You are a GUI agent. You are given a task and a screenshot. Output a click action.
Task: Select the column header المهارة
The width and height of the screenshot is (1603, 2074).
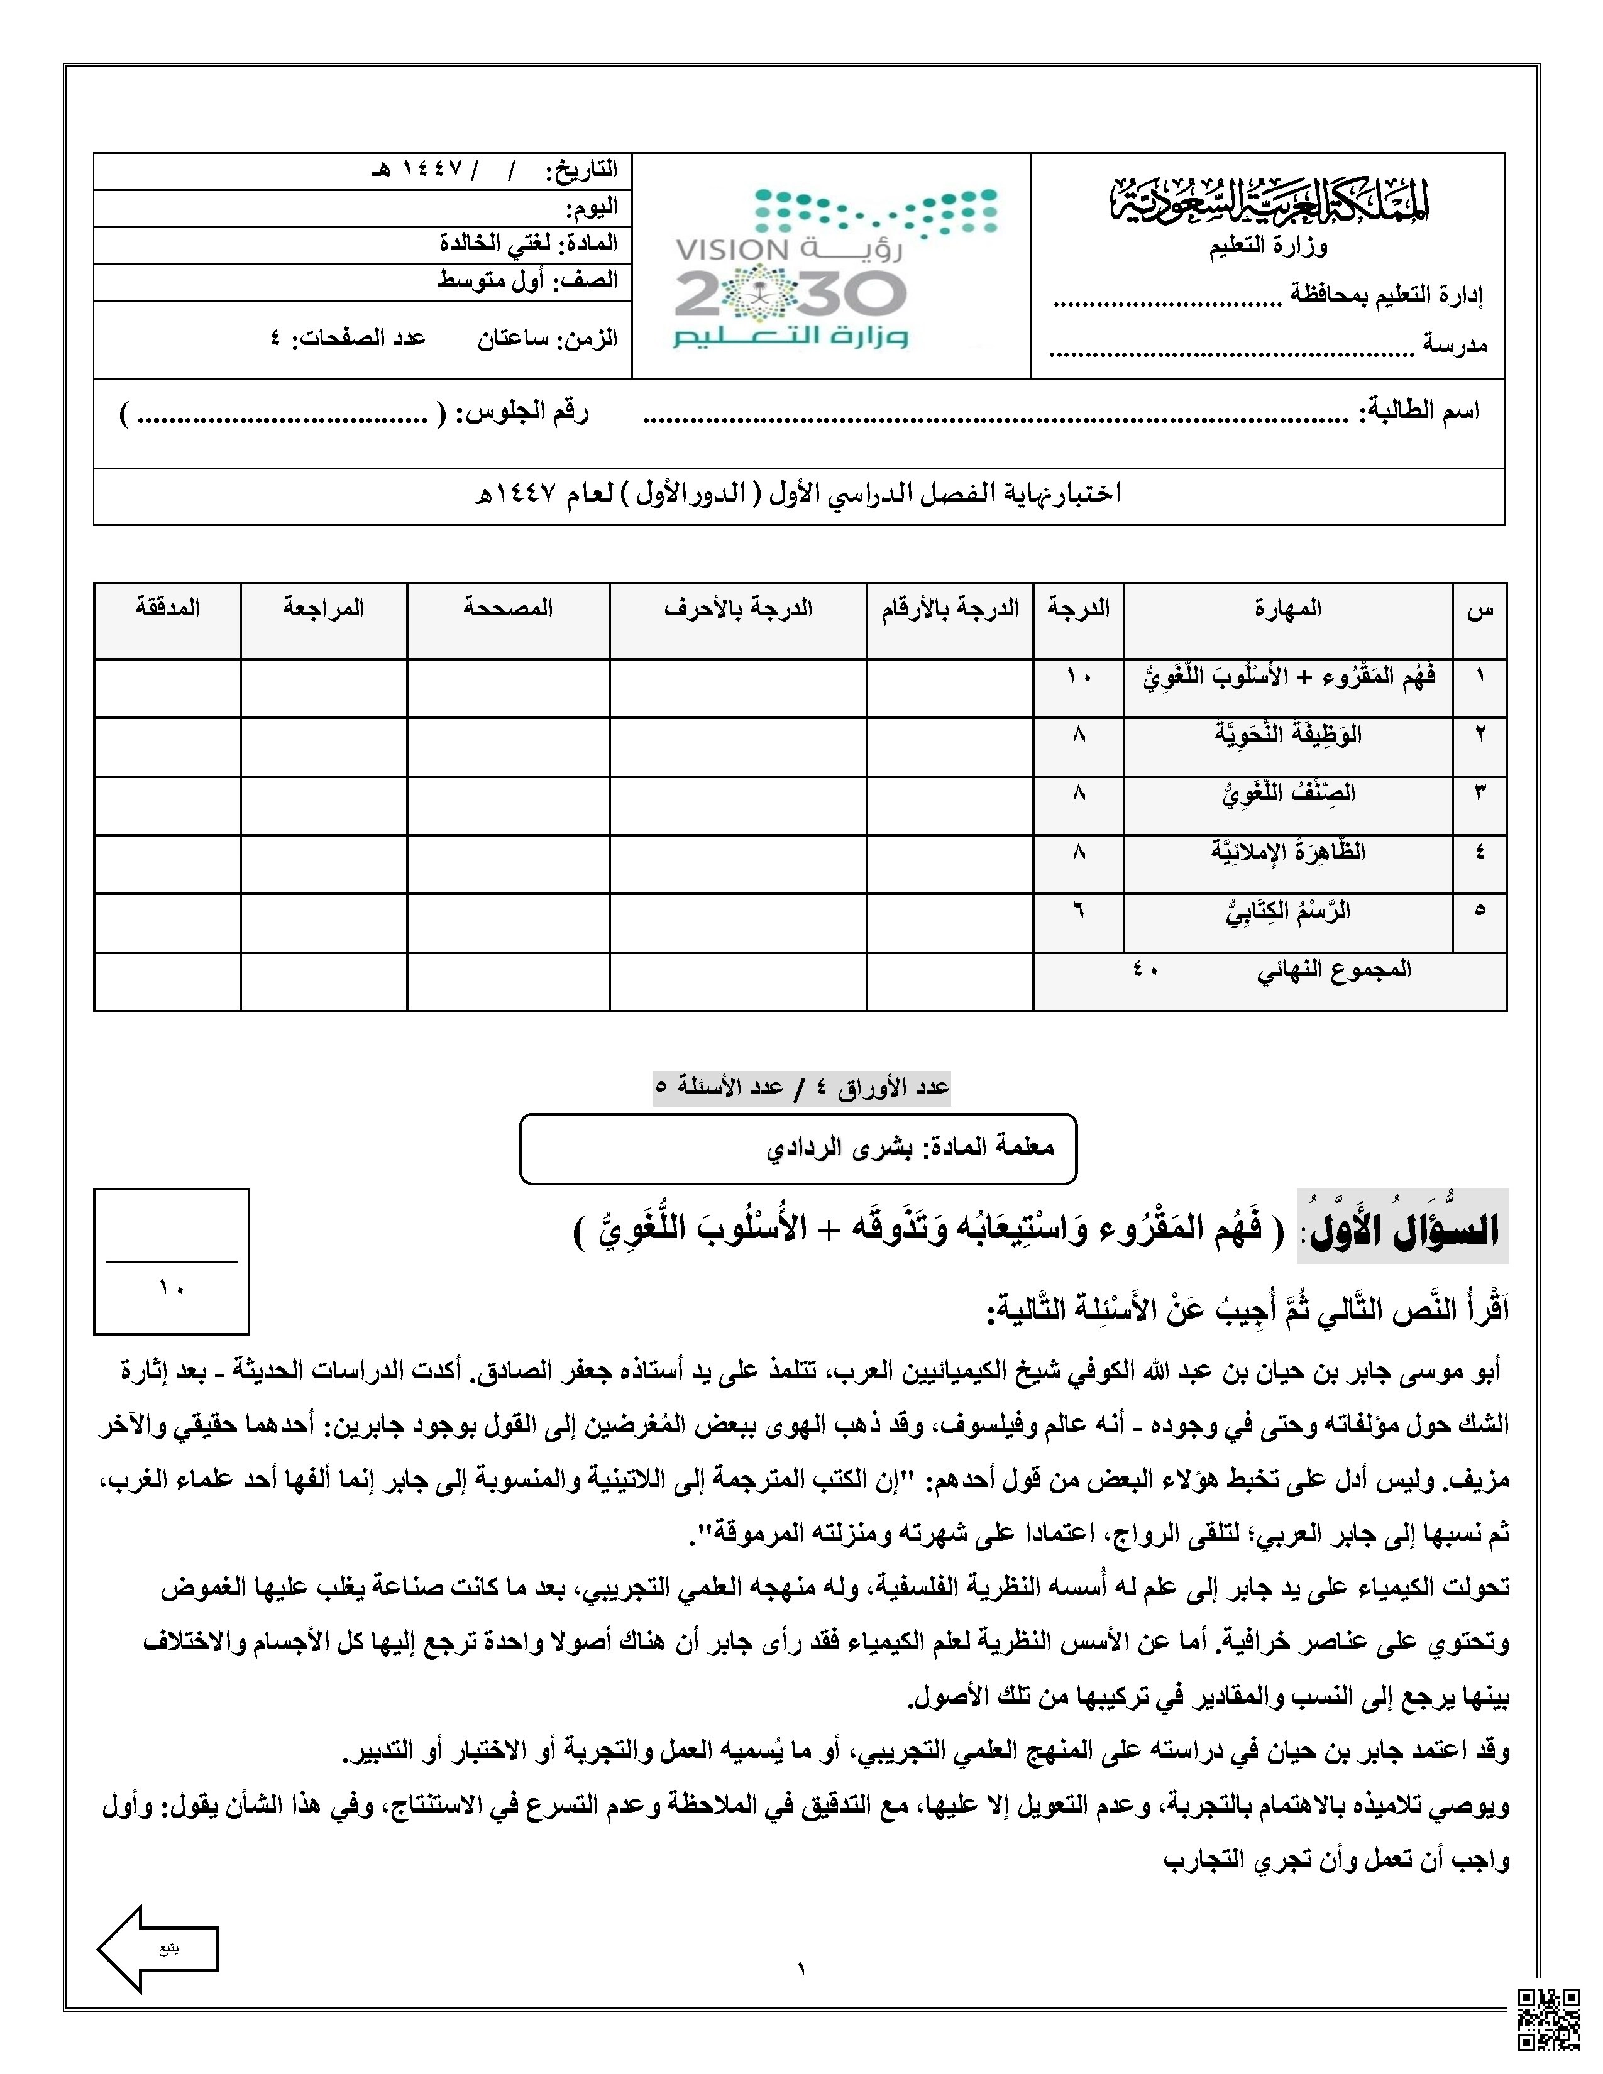[1287, 609]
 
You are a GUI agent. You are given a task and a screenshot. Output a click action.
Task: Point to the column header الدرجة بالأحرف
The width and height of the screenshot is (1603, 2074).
[738, 609]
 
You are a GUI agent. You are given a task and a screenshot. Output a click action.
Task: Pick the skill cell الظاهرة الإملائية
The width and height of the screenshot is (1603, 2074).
[1287, 852]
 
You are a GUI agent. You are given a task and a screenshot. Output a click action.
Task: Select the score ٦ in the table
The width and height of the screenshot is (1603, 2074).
[1078, 910]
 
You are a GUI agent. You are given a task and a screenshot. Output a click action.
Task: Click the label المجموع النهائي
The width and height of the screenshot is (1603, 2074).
[1334, 970]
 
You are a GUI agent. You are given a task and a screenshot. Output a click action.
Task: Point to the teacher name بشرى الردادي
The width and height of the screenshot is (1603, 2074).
[839, 1147]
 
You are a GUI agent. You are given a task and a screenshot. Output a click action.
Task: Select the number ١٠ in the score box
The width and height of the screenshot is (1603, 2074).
[172, 1288]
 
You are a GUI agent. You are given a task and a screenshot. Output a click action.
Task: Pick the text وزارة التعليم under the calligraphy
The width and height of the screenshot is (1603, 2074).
[1268, 247]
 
